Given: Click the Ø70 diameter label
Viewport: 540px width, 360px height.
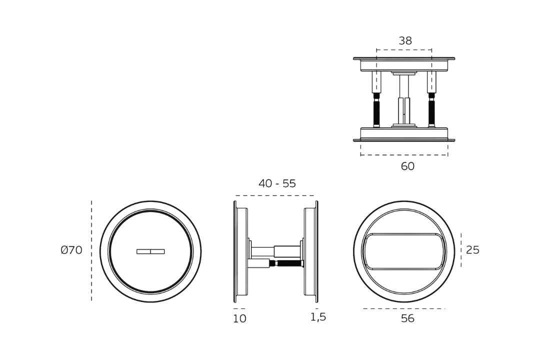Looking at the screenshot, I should tap(71, 250).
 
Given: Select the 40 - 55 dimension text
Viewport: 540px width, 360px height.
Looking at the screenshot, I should tap(277, 183).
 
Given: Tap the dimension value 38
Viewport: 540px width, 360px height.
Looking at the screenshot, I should tap(405, 41).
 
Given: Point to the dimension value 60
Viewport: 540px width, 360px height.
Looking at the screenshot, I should tap(407, 166).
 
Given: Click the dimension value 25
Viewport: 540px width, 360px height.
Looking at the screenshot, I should tap(472, 250).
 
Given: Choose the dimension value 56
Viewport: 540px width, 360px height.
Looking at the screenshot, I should tap(407, 318).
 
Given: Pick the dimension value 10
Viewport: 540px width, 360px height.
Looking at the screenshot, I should tap(239, 318).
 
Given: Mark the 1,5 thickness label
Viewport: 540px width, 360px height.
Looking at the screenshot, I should tap(318, 317).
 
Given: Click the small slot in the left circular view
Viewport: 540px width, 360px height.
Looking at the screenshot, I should tap(150, 251).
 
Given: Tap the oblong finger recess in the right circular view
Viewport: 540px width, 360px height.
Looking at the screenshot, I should tap(403, 251).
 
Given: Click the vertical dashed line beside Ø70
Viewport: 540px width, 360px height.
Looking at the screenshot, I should tap(91, 250).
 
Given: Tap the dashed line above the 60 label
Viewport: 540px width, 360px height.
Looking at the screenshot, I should tap(404, 155).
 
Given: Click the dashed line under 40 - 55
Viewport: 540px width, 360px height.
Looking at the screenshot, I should tap(275, 195).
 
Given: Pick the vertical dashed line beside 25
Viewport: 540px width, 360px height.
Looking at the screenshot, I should tap(461, 250).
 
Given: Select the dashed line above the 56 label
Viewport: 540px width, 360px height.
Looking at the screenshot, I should tap(403, 308).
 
